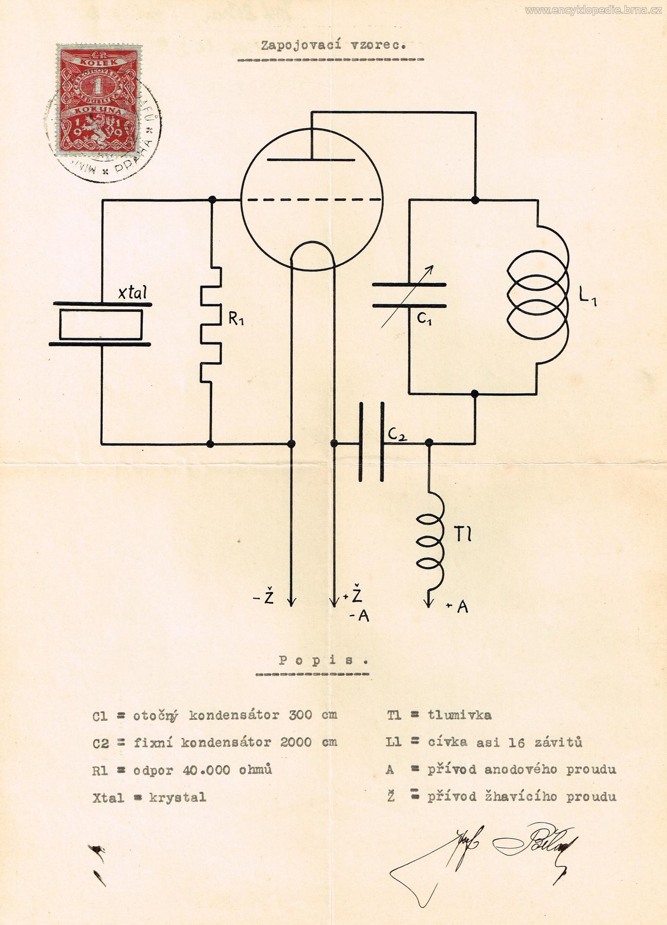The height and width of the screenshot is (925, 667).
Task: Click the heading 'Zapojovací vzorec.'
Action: tap(334, 45)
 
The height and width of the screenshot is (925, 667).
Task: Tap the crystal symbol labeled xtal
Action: tap(101, 325)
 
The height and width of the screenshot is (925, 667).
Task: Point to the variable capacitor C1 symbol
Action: tap(409, 295)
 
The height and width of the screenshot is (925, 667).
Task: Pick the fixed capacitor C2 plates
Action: tap(372, 442)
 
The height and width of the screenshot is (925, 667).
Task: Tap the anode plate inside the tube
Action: tap(311, 159)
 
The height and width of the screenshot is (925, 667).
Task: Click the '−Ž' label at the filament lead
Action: tap(265, 598)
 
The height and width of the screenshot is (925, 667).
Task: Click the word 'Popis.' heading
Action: tap(324, 661)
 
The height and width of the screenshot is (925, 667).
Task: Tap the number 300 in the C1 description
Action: tap(300, 715)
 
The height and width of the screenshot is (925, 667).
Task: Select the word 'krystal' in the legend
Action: tap(177, 798)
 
